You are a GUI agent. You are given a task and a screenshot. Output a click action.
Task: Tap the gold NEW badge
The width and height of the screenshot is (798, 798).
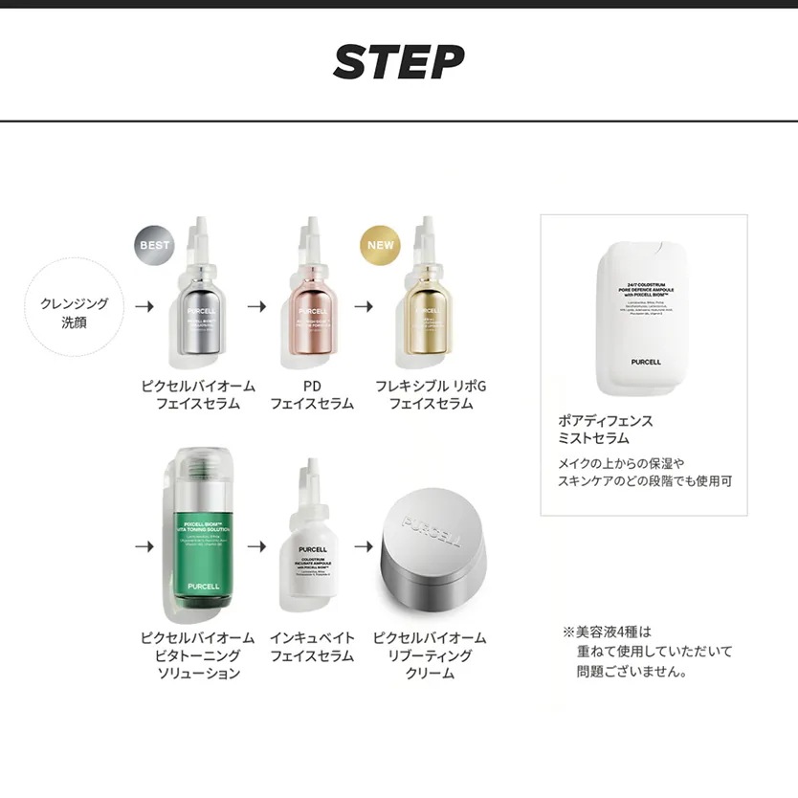click(380, 245)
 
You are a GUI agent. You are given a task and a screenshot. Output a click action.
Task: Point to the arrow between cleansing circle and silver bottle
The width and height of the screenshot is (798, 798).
click(144, 307)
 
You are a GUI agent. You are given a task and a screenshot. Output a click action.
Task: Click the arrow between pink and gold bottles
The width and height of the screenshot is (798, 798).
click(364, 307)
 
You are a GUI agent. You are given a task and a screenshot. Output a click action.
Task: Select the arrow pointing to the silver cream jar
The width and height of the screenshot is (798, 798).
click(364, 546)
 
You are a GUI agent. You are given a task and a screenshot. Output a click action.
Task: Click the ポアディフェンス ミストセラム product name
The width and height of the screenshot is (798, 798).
click(606, 430)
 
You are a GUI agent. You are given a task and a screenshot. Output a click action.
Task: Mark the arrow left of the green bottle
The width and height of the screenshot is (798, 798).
click(144, 546)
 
